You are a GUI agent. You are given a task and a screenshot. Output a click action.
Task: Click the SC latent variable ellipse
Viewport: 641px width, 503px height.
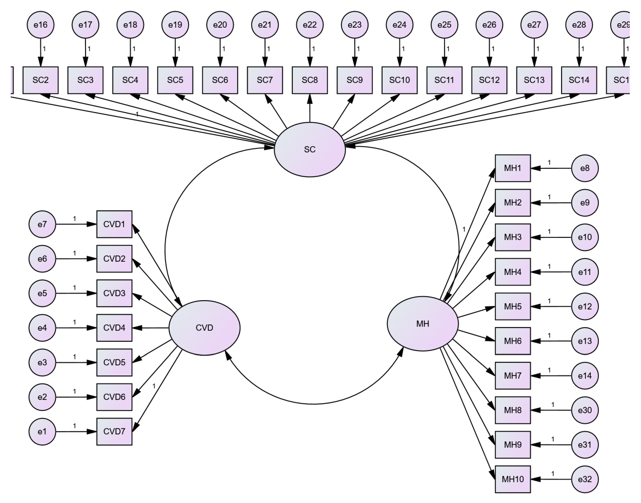coord(310,150)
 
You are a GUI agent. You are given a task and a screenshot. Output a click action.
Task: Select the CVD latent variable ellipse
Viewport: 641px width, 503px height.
coord(204,328)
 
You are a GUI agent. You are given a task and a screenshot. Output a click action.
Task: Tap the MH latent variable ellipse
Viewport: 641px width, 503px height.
coord(423,324)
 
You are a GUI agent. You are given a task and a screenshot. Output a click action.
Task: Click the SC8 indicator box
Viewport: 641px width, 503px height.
coord(310,80)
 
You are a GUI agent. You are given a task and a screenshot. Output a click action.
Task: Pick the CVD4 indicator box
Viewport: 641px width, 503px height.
coord(114,328)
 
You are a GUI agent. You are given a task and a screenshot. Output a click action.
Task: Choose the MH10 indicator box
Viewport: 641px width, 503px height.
coord(513,479)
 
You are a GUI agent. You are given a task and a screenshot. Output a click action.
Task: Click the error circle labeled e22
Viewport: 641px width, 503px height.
coord(310,25)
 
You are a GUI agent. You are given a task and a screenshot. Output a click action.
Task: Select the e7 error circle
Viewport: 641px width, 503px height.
coord(42,224)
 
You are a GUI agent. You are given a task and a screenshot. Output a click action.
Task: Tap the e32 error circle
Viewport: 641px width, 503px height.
coord(585,479)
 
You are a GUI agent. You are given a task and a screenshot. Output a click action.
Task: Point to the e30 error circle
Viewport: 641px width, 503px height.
coord(585,410)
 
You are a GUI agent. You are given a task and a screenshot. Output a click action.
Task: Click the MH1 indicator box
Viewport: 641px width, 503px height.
coord(513,168)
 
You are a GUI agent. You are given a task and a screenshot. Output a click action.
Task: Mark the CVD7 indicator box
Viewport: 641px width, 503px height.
coord(114,431)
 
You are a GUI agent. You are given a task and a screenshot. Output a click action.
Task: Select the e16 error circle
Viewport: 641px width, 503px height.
coord(41,25)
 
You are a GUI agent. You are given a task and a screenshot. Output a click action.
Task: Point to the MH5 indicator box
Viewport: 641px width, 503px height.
coord(513,306)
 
